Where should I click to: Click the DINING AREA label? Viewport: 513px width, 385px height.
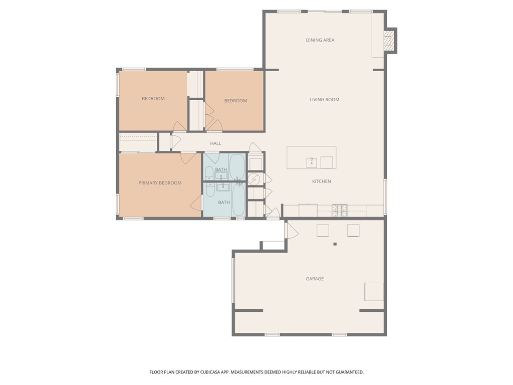(x=320, y=40)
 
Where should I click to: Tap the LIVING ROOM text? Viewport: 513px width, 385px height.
(x=324, y=100)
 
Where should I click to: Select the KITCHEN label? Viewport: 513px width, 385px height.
(x=321, y=181)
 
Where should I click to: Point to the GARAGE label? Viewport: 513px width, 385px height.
(x=315, y=279)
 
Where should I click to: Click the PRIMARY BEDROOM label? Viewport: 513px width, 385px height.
(x=160, y=183)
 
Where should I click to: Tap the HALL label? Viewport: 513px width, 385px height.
(x=215, y=143)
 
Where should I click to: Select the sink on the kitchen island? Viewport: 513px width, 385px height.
(x=312, y=162)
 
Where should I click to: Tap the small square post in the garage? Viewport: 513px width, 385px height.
(x=335, y=244)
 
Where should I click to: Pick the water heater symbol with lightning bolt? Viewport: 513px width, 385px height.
(x=254, y=178)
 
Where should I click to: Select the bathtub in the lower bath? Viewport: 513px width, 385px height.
(x=238, y=200)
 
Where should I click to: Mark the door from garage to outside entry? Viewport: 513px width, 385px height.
(x=291, y=231)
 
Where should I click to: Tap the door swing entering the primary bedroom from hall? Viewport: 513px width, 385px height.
(x=188, y=158)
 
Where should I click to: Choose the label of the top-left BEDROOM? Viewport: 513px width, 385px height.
(x=153, y=99)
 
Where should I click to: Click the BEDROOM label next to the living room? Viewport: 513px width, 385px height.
(x=235, y=101)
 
